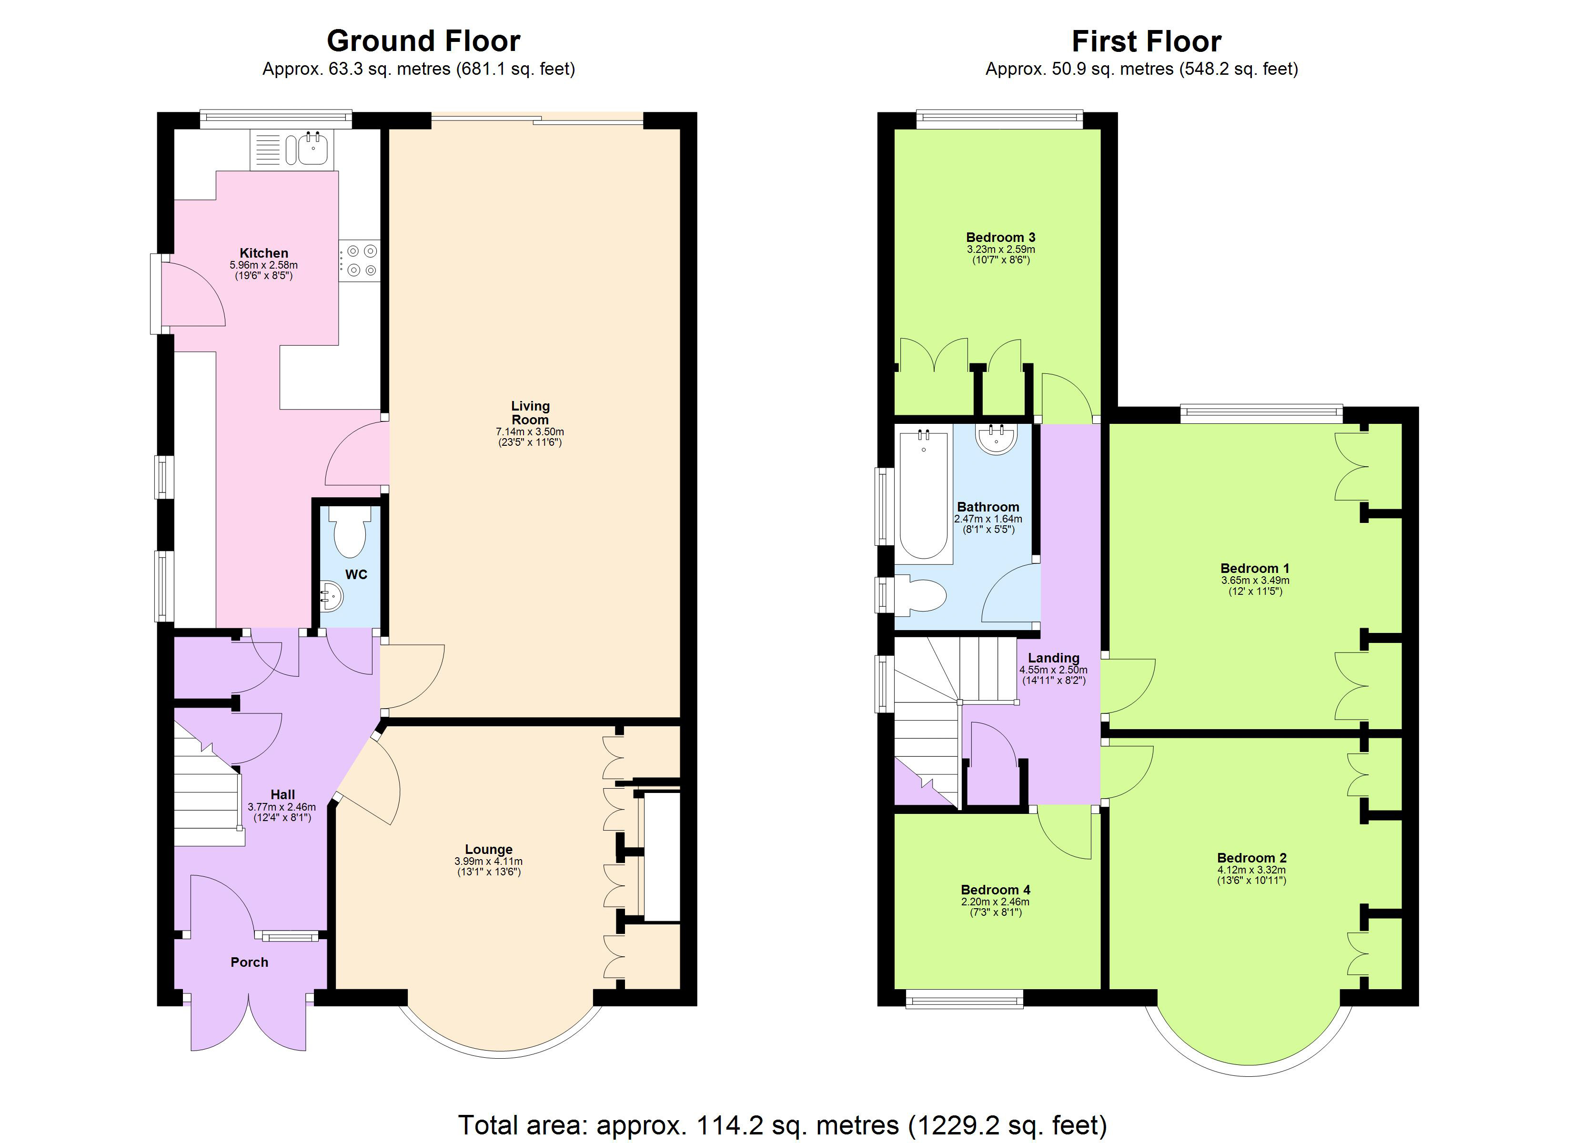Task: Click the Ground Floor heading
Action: pyautogui.click(x=423, y=41)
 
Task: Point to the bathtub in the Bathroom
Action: pyautogui.click(x=923, y=495)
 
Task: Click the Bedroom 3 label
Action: pyautogui.click(x=1000, y=237)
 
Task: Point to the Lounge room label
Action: pyautogui.click(x=489, y=849)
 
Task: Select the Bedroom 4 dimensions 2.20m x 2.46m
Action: pyautogui.click(x=995, y=902)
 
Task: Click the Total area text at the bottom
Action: pyautogui.click(x=782, y=1124)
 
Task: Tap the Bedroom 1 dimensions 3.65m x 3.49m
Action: pyautogui.click(x=1255, y=580)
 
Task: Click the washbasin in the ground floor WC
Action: pyautogui.click(x=332, y=596)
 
